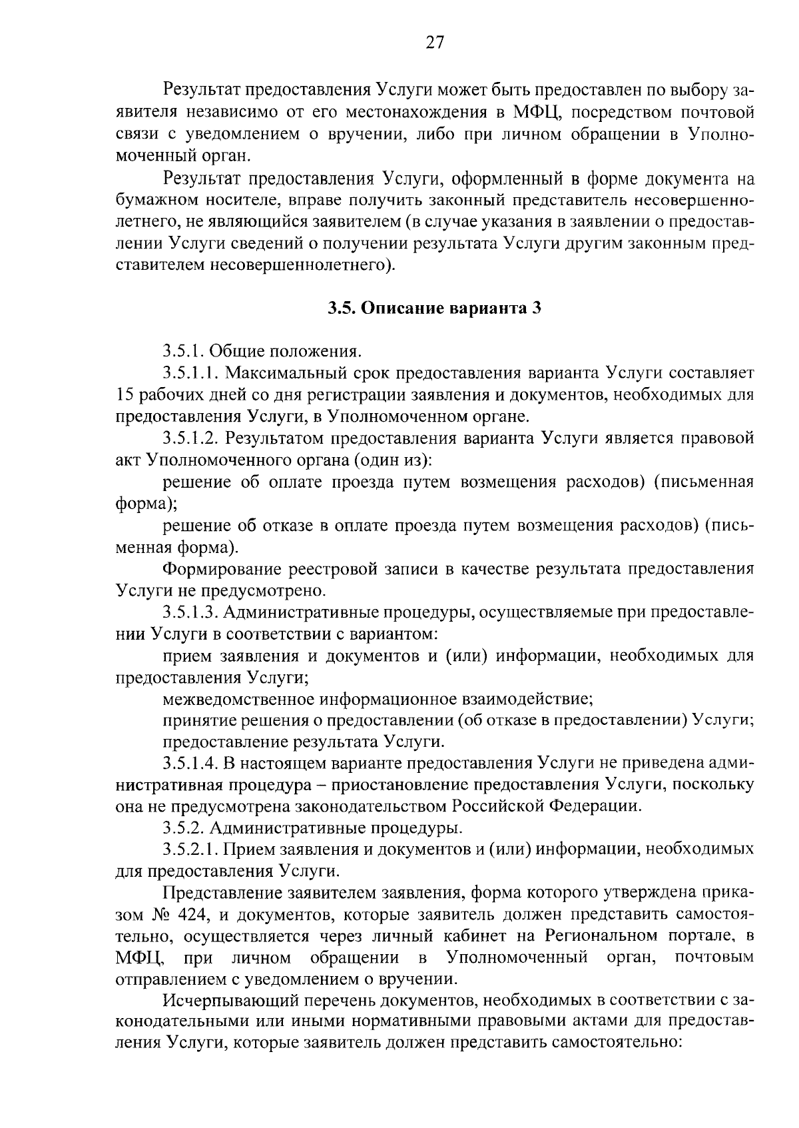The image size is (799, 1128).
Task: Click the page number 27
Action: coord(434,43)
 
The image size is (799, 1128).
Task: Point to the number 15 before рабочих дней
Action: coord(125,395)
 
